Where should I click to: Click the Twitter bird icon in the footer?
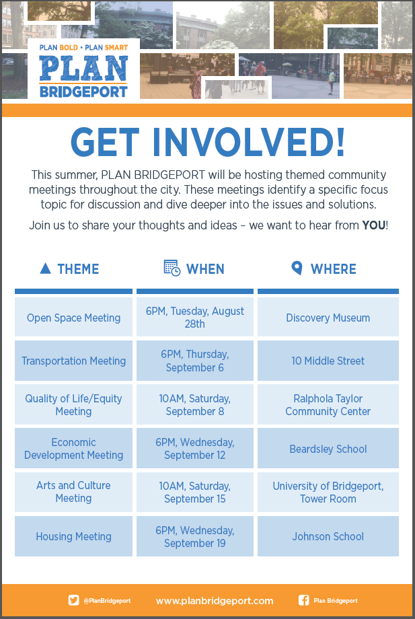coord(73,600)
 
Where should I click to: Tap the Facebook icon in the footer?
coord(304,600)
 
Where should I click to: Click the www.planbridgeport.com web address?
coord(215,601)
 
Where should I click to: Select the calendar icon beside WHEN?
coord(172,268)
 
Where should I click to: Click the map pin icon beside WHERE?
coord(297,268)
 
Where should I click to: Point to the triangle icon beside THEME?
coord(45,268)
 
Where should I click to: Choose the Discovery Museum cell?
coord(328,317)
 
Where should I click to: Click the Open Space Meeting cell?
coord(74,317)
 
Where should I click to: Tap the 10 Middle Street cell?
coord(328,361)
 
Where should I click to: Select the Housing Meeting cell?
coord(74,536)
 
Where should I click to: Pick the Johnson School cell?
coord(328,536)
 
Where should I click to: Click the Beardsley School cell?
coord(328,449)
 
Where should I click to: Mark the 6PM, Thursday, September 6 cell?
coord(195,361)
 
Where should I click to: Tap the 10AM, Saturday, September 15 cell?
coord(195,493)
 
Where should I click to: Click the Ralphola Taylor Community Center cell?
coord(328,404)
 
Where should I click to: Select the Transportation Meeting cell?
coord(74,361)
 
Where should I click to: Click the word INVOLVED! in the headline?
coord(248,142)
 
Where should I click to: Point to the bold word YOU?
coord(373,225)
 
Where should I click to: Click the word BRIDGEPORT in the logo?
coord(83,92)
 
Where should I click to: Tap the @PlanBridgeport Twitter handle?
coord(107,601)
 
